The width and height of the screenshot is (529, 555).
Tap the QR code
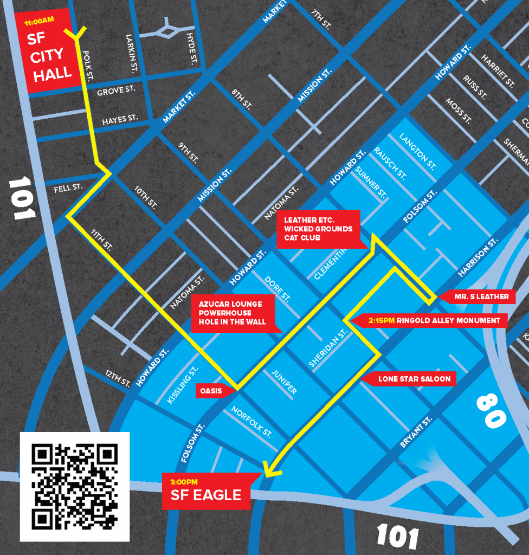(75, 486)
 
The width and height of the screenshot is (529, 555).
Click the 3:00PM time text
(184, 481)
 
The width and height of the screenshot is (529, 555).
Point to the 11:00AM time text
(40, 21)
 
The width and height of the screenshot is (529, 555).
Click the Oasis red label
(212, 391)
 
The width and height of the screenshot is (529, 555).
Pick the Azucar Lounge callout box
(233, 313)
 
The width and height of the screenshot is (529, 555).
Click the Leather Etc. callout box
(318, 229)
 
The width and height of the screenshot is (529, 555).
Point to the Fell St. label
(68, 188)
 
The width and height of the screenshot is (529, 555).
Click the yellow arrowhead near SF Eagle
(269, 469)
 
